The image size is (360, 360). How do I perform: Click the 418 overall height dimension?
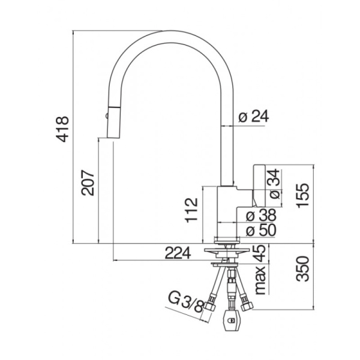62,129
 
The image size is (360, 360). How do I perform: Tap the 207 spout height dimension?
88,183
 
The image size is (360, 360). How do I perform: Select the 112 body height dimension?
191,210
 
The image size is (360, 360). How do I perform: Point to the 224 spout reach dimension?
178,253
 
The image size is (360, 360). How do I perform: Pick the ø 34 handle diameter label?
274,184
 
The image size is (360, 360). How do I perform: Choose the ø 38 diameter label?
261,215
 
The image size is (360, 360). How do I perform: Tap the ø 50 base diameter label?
261,230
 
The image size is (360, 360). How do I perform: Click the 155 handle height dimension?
303,196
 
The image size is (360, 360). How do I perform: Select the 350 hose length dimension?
302,269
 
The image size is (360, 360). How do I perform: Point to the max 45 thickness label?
260,269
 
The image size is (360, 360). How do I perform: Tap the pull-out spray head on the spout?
113,122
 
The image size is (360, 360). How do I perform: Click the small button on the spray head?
106,115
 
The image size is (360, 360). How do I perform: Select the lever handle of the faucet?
259,185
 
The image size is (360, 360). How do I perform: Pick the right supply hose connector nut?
247,305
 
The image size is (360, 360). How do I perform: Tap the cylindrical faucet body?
227,211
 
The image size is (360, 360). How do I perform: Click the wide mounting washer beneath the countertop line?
226,251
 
